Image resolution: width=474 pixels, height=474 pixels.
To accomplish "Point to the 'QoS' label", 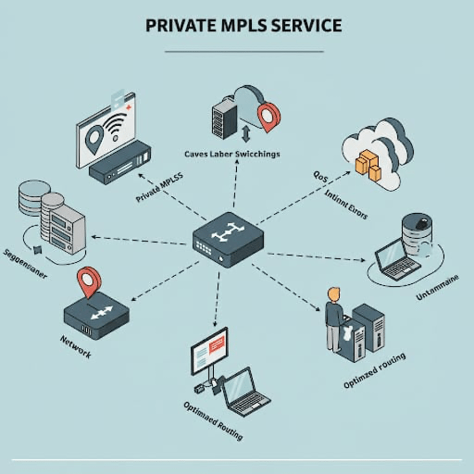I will click(x=320, y=174).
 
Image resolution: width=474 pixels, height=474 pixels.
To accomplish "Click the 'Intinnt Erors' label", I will click(x=345, y=205).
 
